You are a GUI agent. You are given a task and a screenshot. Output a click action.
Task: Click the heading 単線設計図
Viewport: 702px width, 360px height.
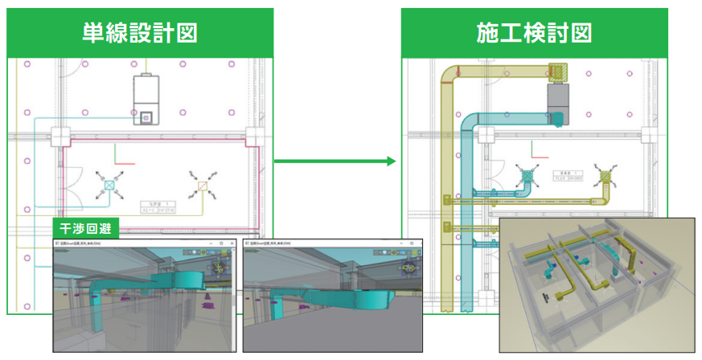click(x=140, y=33)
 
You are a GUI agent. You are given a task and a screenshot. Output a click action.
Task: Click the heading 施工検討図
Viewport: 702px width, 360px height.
click(x=534, y=33)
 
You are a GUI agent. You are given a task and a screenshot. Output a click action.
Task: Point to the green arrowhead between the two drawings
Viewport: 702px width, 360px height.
click(x=392, y=162)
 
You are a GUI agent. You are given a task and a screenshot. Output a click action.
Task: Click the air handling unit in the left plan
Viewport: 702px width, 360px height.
click(x=146, y=99)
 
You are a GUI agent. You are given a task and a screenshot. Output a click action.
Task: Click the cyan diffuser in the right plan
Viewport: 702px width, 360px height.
click(x=527, y=176)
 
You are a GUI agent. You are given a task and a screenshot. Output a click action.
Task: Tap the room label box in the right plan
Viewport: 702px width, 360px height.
click(x=573, y=177)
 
